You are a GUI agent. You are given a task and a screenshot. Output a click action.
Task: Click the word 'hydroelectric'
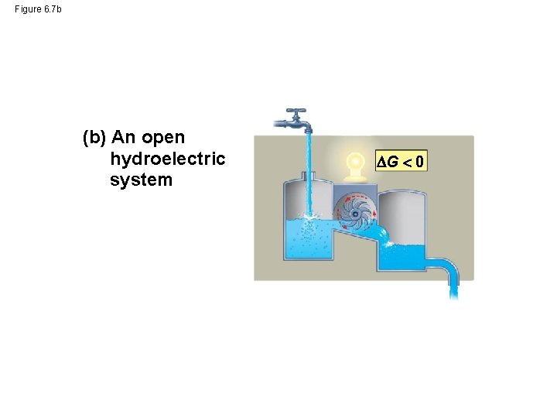[168, 159]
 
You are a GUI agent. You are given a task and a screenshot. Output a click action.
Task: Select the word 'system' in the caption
[142, 180]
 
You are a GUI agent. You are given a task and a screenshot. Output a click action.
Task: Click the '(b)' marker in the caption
[94, 138]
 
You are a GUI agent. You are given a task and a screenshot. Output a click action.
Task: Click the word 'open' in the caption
[162, 138]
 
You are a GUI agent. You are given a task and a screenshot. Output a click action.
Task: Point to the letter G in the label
[392, 163]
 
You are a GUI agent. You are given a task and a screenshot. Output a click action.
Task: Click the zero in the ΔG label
[418, 163]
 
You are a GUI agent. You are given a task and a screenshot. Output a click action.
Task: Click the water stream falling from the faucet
[308, 170]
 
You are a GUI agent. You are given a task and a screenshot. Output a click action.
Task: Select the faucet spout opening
[308, 131]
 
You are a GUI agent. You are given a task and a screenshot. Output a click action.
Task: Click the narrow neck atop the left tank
[308, 180]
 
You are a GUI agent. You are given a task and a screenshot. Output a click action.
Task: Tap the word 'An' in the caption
[124, 138]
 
